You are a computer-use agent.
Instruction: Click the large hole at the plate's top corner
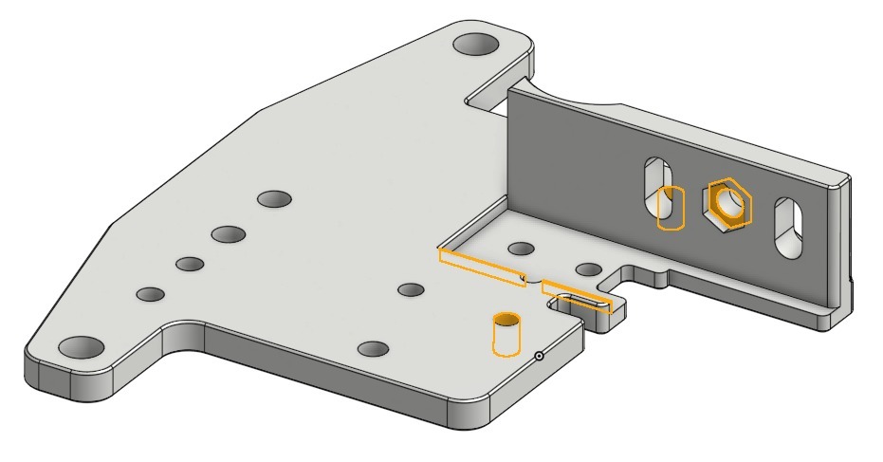(477, 44)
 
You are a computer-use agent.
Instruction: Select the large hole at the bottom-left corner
(83, 346)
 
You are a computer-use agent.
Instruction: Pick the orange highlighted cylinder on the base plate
(507, 334)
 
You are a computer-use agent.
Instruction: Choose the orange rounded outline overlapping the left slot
(671, 209)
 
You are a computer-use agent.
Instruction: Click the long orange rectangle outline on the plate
(482, 267)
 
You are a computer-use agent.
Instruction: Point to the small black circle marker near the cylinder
(539, 357)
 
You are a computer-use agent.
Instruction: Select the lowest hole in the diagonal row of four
(151, 295)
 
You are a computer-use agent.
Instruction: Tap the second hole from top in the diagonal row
(229, 233)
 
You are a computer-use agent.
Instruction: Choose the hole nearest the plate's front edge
(374, 349)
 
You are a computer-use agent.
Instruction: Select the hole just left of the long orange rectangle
(411, 288)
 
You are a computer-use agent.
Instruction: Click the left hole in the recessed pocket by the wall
(520, 249)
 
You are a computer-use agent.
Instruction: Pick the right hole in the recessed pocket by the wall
(588, 269)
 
